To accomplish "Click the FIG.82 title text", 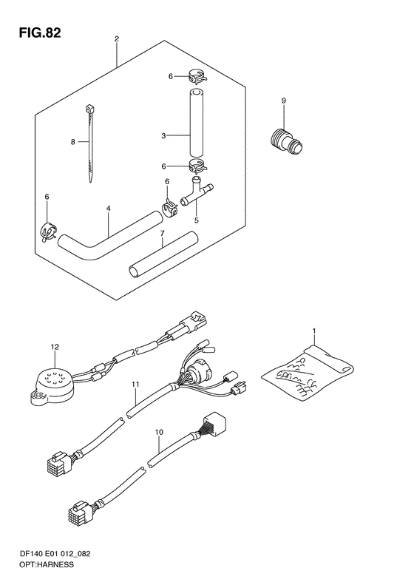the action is point(40,33).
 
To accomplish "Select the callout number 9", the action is point(283,101).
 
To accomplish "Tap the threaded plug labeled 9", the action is point(286,142).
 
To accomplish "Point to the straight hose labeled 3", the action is point(197,123).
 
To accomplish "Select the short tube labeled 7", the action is point(163,254).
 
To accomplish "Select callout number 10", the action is point(159,432).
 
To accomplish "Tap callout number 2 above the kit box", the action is point(117,38).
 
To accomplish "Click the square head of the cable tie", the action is point(89,109).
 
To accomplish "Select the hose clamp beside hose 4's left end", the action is point(48,232).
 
